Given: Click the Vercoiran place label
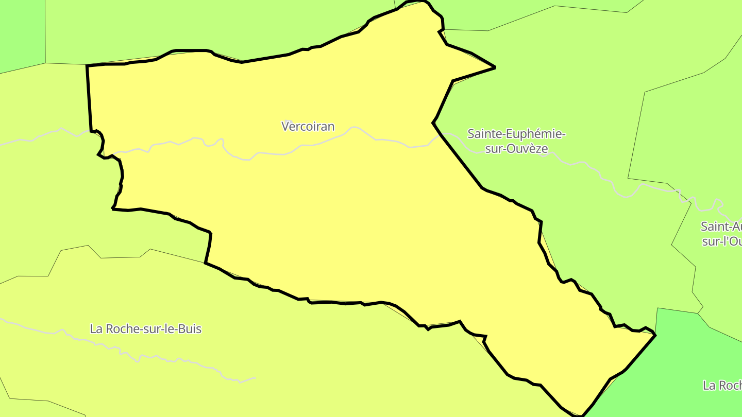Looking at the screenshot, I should (308, 126).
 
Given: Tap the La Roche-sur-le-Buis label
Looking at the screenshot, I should (145, 328).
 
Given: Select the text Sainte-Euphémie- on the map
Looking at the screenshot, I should (516, 134).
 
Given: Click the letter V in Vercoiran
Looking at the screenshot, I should (285, 126).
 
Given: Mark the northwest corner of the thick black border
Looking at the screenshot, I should (87, 66).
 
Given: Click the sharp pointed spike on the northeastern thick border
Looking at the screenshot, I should (495, 67).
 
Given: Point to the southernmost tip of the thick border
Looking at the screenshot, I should (581, 415).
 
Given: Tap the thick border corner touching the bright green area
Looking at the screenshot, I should (655, 335).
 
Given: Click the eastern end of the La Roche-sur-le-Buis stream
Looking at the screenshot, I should (255, 378).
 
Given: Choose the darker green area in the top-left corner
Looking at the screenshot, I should (21, 31).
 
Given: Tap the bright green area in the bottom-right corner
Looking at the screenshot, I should (690, 360).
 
